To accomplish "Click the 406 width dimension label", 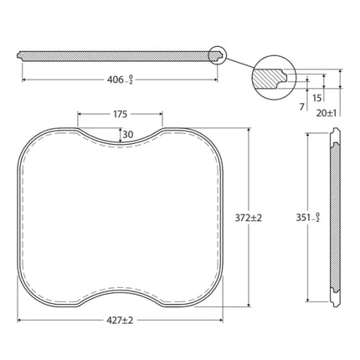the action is click(x=120, y=80).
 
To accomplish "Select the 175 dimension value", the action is click(x=121, y=114).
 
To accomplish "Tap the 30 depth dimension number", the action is click(x=128, y=135).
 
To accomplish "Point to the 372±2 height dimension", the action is click(x=249, y=218).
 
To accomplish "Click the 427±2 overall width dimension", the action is click(x=120, y=321).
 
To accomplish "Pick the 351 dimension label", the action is click(x=308, y=217).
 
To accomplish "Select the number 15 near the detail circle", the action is click(x=317, y=98).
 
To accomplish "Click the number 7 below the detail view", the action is click(x=301, y=106).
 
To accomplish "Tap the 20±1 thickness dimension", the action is click(x=327, y=113).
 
